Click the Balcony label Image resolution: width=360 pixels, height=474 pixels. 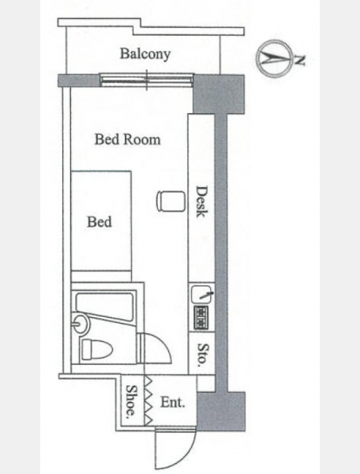(145, 54)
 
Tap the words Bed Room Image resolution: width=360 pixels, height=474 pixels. (127, 139)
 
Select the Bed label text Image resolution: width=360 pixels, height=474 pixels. (99, 221)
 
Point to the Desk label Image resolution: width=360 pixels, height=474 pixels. (201, 201)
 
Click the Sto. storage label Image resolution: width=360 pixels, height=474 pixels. (202, 355)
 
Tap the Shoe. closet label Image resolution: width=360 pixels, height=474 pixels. (132, 401)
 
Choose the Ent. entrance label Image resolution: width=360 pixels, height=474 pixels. (173, 402)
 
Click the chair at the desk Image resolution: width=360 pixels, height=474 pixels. (171, 201)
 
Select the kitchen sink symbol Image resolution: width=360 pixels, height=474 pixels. (202, 294)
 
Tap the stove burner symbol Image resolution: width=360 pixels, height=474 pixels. (201, 317)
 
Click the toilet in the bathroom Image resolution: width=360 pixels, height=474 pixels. (96, 349)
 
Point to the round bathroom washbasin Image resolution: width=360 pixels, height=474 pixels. (81, 323)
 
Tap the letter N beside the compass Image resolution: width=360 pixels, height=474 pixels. (299, 61)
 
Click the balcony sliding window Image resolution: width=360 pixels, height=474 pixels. (147, 80)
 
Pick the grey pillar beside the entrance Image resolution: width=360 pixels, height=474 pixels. (221, 411)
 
